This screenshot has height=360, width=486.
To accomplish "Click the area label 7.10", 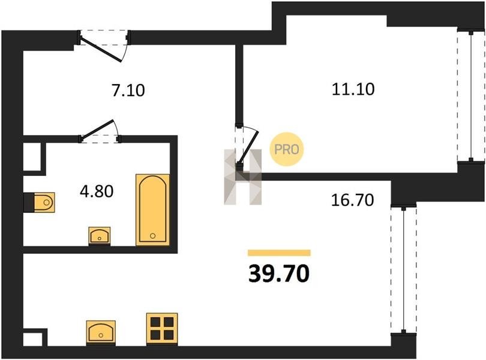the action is click(128, 91).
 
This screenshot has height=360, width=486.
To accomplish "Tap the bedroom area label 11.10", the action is click(353, 89).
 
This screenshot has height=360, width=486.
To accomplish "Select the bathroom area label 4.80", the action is click(97, 191).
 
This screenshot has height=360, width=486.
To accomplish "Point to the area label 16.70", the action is click(352, 200).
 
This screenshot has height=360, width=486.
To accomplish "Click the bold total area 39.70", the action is click(279, 274).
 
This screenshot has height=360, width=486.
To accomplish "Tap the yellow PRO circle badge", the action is click(287, 149).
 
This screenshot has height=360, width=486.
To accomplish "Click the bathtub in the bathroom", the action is click(153, 210).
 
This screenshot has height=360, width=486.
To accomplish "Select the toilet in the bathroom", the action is click(40, 202).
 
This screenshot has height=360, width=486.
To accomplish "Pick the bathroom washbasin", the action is click(100, 235).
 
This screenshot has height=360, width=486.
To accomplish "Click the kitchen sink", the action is click(101, 332).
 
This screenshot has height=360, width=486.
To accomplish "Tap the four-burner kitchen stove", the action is click(162, 329).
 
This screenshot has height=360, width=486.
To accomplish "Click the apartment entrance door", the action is click(104, 46).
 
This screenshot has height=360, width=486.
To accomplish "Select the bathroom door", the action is click(100, 132).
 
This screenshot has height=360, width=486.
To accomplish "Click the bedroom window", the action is click(471, 96).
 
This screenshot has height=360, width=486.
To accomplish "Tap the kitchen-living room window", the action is click(404, 269).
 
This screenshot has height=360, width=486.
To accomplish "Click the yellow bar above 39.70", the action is click(279, 253).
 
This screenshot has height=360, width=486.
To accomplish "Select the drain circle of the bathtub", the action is click(152, 236).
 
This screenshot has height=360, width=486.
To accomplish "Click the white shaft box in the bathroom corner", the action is click(32, 157).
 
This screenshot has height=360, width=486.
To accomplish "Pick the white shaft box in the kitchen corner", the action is click(32, 340).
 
